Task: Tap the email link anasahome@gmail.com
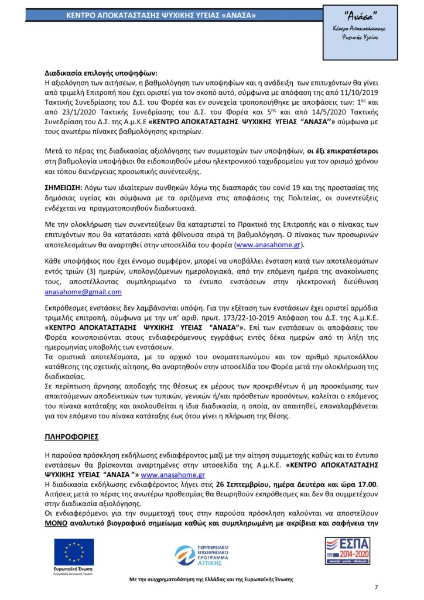click(83, 291)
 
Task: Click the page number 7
click(376, 588)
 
